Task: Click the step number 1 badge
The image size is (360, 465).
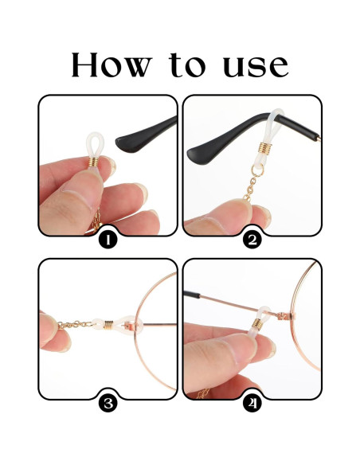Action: click(x=108, y=239)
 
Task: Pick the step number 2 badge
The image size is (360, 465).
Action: click(x=252, y=239)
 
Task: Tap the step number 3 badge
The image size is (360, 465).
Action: click(x=108, y=403)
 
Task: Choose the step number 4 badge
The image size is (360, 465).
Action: click(x=252, y=403)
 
